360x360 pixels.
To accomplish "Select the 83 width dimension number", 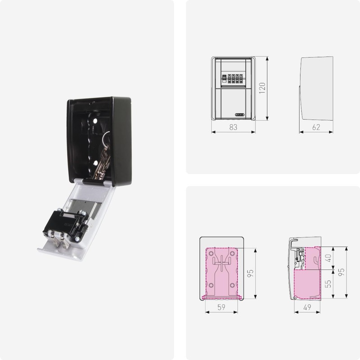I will (x=233, y=127).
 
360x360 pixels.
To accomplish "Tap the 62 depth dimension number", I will (x=316, y=127).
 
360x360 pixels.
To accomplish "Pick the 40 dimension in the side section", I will (x=328, y=258).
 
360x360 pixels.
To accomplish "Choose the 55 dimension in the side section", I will (x=328, y=283).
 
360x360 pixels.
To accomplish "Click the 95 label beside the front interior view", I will (x=251, y=273).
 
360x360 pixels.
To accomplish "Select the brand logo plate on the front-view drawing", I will (x=239, y=114).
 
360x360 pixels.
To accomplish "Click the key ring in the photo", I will (x=106, y=137).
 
